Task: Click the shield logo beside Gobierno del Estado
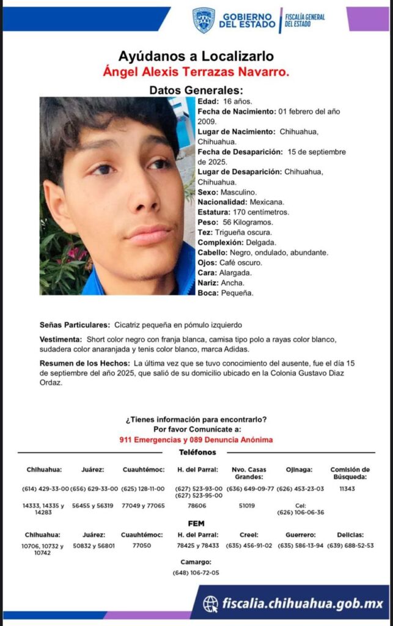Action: (204, 20)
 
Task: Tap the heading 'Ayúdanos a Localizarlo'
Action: (196, 57)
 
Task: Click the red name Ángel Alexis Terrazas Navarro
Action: (196, 72)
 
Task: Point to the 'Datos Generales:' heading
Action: (196, 90)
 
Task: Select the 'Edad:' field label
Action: (207, 101)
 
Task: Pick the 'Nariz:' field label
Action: (208, 283)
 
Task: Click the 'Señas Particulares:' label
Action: (74, 325)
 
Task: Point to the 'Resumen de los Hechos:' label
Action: (85, 363)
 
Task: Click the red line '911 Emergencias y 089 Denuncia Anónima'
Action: (196, 440)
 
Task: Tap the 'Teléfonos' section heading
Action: (197, 452)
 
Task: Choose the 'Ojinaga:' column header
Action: (299, 469)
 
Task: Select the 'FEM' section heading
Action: (196, 523)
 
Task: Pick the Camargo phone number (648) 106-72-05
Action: (196, 573)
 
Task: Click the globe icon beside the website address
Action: (211, 604)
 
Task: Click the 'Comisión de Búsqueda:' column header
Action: (350, 473)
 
